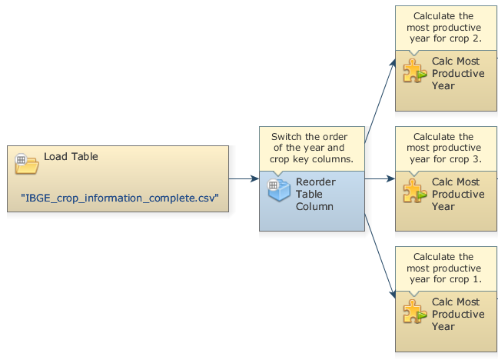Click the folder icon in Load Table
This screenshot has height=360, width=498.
click(x=26, y=163)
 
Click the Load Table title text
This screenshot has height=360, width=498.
click(x=71, y=156)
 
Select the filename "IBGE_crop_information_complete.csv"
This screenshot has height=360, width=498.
click(x=120, y=198)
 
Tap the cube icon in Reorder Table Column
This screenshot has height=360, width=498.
click(x=278, y=189)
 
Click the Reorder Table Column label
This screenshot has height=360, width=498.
click(x=314, y=195)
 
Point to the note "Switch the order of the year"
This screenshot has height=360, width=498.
click(x=311, y=148)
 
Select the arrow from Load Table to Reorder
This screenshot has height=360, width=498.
click(x=244, y=178)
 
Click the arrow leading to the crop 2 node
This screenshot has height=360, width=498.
click(x=380, y=101)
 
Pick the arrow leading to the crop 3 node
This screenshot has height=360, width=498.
click(x=380, y=178)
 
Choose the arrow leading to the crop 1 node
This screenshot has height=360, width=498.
click(x=380, y=257)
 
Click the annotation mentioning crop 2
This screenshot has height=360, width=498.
click(x=443, y=27)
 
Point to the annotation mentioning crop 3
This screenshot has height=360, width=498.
click(x=443, y=148)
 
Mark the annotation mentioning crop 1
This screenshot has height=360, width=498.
click(x=443, y=268)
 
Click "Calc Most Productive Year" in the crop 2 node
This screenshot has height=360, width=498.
click(x=458, y=73)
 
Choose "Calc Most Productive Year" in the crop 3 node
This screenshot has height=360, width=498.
click(x=458, y=194)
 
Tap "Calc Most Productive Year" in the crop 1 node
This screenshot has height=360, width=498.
click(x=458, y=314)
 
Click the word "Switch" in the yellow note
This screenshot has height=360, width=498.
click(x=287, y=137)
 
